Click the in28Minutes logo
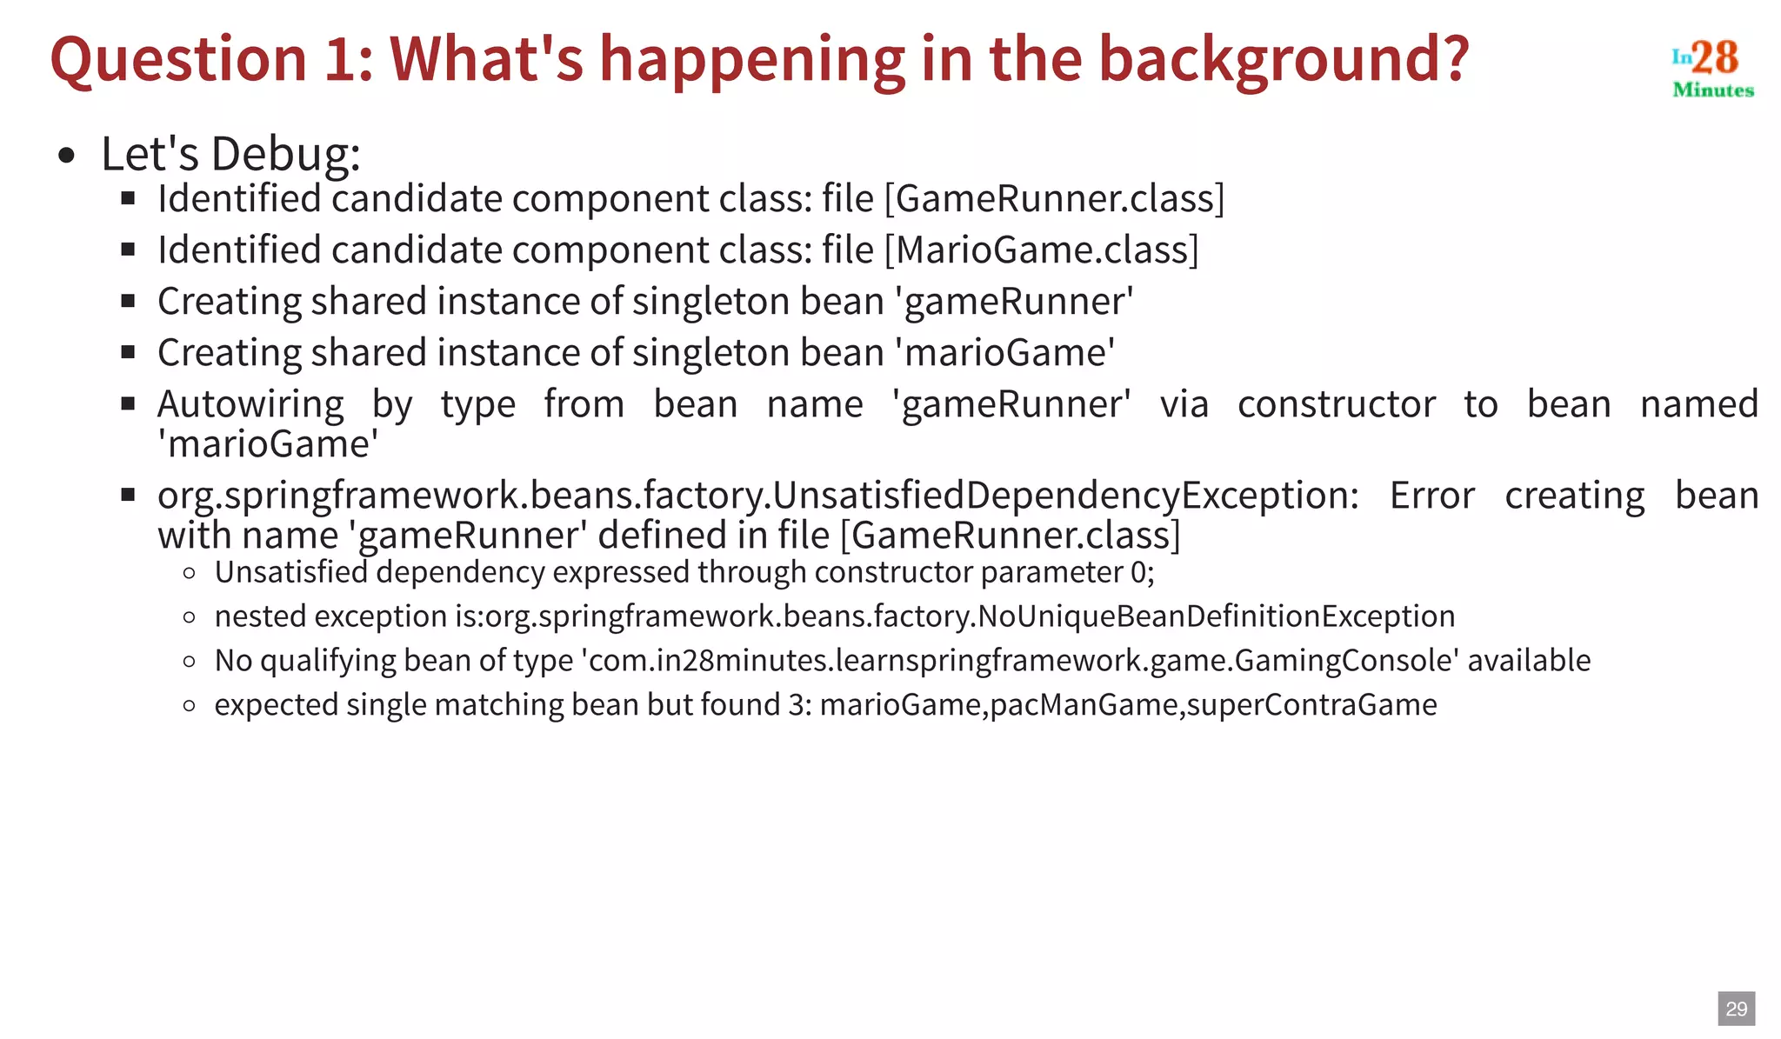coord(1712,69)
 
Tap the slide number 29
coord(1736,1009)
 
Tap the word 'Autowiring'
coord(250,404)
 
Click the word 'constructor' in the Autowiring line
coord(1336,404)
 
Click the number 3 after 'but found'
coord(796,704)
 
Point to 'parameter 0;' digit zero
coord(1138,572)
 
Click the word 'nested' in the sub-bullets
coord(260,616)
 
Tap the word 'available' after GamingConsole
coord(1529,661)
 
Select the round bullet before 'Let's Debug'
coord(66,157)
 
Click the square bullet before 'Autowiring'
coord(129,403)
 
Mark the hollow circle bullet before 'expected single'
coord(190,705)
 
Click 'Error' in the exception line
coord(1431,496)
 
